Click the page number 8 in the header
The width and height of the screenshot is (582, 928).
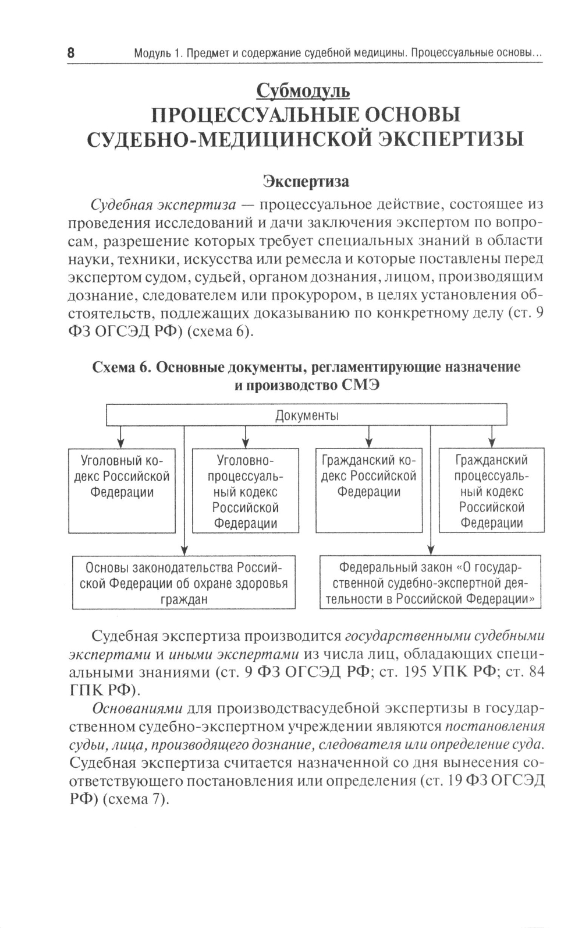point(71,53)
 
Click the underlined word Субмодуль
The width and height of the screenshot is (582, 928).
point(303,91)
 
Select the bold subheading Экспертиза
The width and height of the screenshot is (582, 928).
point(306,181)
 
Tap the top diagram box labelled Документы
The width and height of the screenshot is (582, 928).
point(307,415)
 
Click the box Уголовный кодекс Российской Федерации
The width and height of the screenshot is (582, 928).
point(122,490)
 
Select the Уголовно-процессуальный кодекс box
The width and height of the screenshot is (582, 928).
point(245,490)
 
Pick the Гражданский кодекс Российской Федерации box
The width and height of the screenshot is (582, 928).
point(369,490)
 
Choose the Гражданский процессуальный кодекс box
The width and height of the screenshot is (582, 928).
point(492,490)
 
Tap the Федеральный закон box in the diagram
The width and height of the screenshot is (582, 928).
point(430,583)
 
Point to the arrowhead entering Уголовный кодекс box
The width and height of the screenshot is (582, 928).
point(120,443)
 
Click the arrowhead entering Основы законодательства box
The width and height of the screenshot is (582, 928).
point(184,551)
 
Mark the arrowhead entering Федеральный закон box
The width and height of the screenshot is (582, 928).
point(431,551)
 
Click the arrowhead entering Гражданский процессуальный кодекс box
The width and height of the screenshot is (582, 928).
point(492,443)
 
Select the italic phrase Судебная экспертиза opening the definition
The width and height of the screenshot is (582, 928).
point(164,204)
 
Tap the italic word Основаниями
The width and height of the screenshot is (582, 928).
point(138,708)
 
